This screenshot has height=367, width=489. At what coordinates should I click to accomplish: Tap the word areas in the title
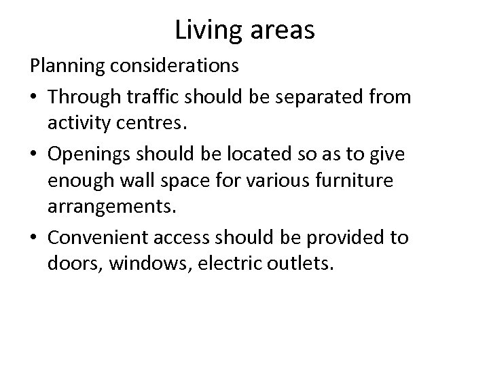tap(280, 31)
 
